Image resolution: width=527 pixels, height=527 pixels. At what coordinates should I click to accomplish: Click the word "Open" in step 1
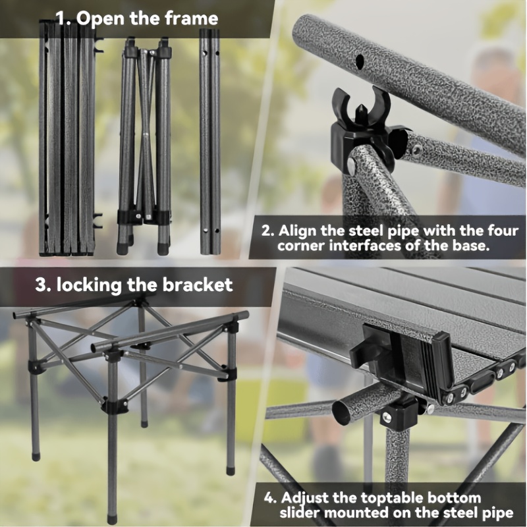click(x=101, y=19)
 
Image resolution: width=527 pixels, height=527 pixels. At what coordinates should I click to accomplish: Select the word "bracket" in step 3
click(x=197, y=285)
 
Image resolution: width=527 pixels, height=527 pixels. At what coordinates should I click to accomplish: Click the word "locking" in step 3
click(x=89, y=286)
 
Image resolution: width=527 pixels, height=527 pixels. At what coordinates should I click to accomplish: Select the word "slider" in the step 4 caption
click(x=300, y=513)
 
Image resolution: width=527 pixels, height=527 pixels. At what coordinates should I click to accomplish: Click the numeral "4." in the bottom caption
click(x=270, y=498)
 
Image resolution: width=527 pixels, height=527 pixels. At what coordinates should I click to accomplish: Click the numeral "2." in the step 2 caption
click(x=268, y=232)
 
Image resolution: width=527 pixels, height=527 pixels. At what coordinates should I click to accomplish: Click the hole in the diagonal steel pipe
click(x=360, y=61)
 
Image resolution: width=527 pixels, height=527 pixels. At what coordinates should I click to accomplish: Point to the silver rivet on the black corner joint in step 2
click(x=352, y=164)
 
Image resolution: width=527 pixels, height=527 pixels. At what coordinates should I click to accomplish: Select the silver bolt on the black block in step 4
click(x=387, y=418)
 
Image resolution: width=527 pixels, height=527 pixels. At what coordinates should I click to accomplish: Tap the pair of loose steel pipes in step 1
click(x=210, y=141)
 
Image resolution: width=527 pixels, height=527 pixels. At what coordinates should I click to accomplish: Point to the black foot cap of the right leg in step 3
click(x=231, y=468)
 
